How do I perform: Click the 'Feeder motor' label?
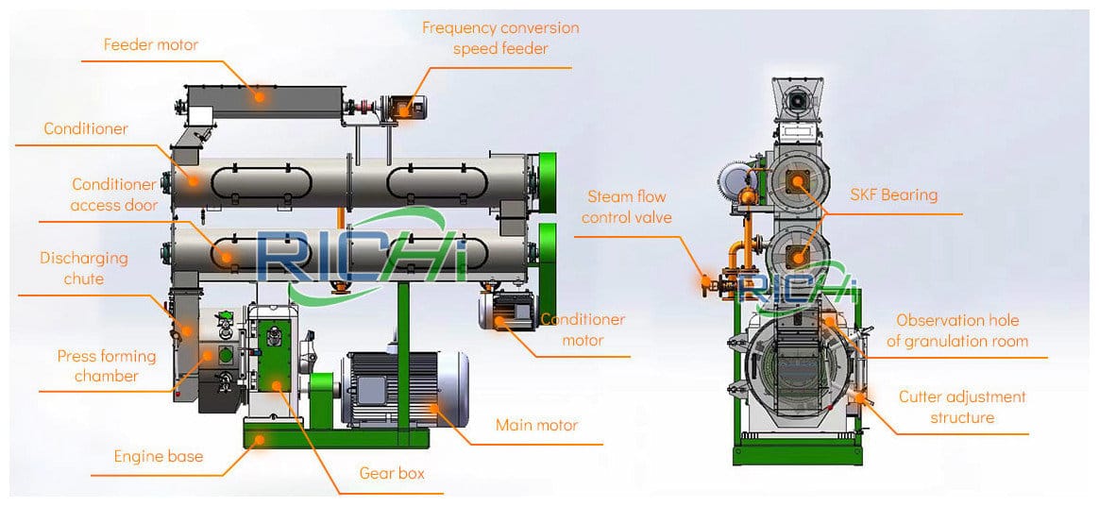coord(151,44)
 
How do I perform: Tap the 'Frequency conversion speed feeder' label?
coord(500,38)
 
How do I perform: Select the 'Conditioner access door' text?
coord(114,194)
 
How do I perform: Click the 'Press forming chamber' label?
coord(106,366)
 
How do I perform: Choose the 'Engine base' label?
coord(158,457)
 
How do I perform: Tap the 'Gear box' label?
coord(392,473)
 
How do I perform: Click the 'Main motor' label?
coord(536,426)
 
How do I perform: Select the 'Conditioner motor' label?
coord(583,329)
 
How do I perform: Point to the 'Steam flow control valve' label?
coord(627,207)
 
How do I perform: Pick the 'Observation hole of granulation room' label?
coord(957,330)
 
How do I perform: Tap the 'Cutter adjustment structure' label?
coord(962,407)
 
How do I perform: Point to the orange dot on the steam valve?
coord(704,279)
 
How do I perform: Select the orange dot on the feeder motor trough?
coord(260,95)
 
